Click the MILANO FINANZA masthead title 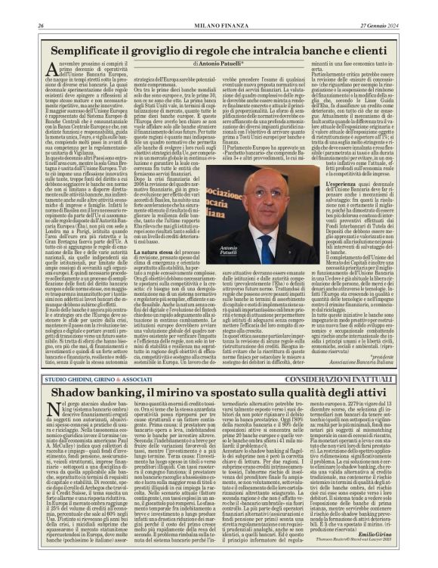219,6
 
